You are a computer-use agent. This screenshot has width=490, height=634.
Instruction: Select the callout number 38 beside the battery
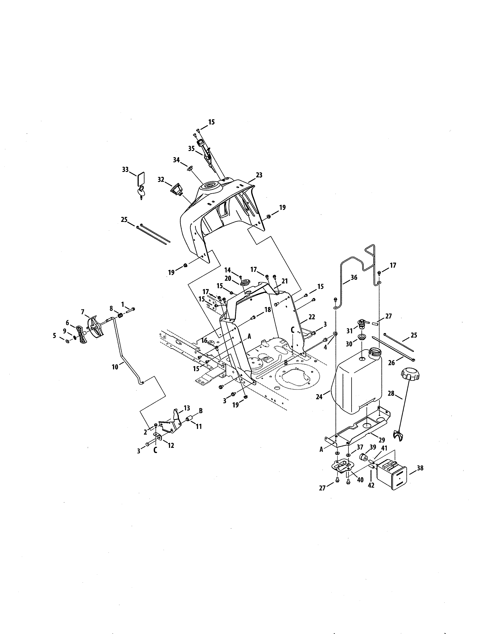[x=420, y=468]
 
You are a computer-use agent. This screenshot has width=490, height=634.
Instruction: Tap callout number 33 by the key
[x=125, y=169]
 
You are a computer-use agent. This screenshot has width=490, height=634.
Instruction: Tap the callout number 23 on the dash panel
[x=259, y=175]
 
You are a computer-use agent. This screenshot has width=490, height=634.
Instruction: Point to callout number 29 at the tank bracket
[x=381, y=440]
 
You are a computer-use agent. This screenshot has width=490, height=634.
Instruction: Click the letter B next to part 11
[x=200, y=411]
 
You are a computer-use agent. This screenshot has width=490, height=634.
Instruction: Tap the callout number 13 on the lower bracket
[x=187, y=408]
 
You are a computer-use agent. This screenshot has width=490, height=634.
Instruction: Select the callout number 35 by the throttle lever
[x=191, y=149]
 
